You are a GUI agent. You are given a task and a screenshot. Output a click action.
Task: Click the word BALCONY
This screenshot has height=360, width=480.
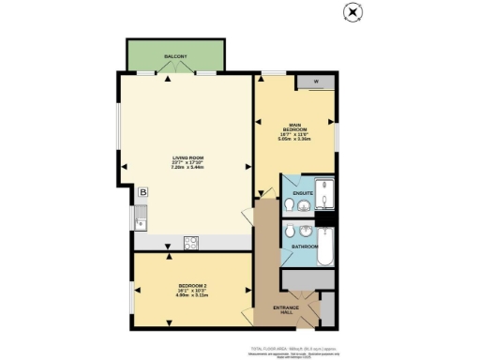click(x=175, y=57)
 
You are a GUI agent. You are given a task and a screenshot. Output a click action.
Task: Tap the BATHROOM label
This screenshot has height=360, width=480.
click(x=303, y=247)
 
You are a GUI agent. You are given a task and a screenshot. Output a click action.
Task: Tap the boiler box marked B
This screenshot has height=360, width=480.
click(x=142, y=192)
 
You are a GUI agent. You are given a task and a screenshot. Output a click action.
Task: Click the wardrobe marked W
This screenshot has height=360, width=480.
click(x=315, y=82)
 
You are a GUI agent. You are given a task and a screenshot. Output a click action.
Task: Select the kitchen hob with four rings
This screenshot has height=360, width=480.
click(x=191, y=242)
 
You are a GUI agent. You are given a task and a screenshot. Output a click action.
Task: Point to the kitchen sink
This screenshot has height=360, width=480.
click(x=141, y=223)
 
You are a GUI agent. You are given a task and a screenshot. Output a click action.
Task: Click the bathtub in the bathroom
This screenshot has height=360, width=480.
click(x=326, y=247)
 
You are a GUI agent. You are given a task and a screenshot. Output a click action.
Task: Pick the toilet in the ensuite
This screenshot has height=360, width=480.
click(x=292, y=184)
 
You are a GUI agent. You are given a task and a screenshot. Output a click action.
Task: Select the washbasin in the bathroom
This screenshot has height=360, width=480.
click(x=307, y=230)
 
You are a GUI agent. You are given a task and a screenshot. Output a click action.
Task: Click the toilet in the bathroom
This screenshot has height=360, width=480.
click(x=292, y=231)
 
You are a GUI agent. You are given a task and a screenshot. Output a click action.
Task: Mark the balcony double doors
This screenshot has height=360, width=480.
click(x=175, y=74)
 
